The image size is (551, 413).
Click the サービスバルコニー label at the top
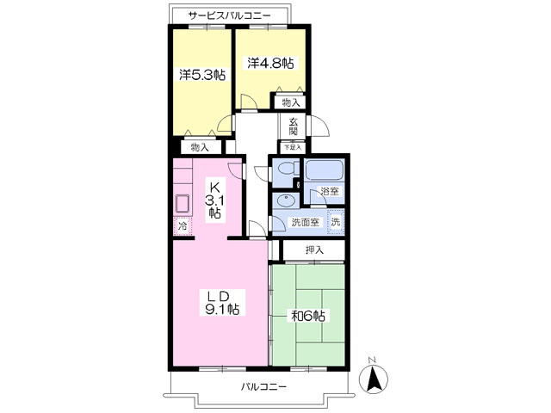[229, 15]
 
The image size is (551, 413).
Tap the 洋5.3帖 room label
[202, 75]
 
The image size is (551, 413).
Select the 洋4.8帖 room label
[270, 63]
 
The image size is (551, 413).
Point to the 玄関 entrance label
[294, 126]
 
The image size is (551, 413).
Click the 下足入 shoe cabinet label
[293, 147]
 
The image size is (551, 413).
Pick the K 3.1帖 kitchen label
[214, 200]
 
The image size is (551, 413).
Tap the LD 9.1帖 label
[222, 302]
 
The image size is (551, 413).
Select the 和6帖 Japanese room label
[308, 316]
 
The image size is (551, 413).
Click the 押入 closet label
[314, 250]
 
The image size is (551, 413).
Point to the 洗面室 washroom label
[305, 222]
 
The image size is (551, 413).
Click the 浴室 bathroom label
[330, 192]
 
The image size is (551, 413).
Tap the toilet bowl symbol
[287, 170]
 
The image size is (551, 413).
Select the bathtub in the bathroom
[324, 170]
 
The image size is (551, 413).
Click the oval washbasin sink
[287, 201]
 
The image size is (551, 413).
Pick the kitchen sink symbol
[183, 204]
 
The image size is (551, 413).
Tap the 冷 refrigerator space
[183, 225]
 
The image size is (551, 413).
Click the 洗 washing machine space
[336, 222]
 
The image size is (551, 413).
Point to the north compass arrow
[373, 379]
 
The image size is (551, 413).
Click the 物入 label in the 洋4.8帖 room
[291, 103]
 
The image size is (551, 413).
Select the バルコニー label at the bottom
[263, 387]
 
